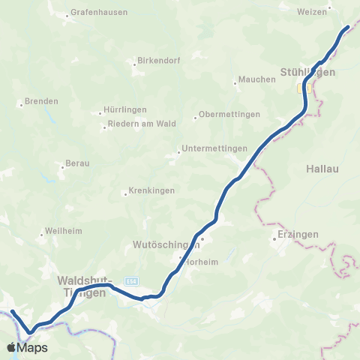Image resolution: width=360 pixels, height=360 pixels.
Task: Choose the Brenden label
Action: click(x=41, y=100)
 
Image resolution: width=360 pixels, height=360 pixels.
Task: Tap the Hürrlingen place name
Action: click(x=126, y=109)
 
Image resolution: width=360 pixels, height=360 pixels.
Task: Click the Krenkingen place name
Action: click(x=152, y=190)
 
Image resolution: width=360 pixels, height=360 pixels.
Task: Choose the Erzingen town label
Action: click(x=298, y=234)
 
